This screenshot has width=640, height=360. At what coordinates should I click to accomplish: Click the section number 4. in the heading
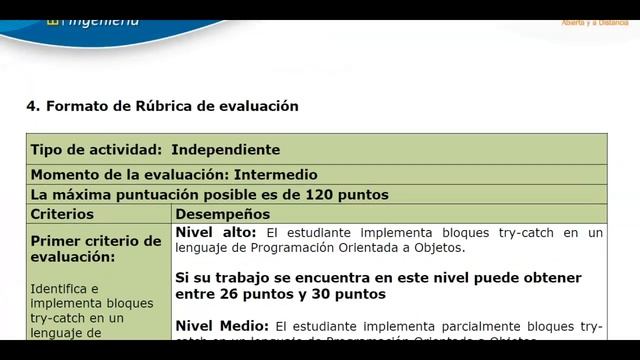pos(32,105)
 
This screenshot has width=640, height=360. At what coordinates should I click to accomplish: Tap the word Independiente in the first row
pos(225,149)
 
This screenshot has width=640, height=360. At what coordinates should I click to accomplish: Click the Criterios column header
pos(62,214)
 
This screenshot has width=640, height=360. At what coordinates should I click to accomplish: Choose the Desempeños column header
pos(223,214)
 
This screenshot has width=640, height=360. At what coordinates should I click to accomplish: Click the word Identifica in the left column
pos(61,288)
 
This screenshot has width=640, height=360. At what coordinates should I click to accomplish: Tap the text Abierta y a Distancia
pos(595,21)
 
